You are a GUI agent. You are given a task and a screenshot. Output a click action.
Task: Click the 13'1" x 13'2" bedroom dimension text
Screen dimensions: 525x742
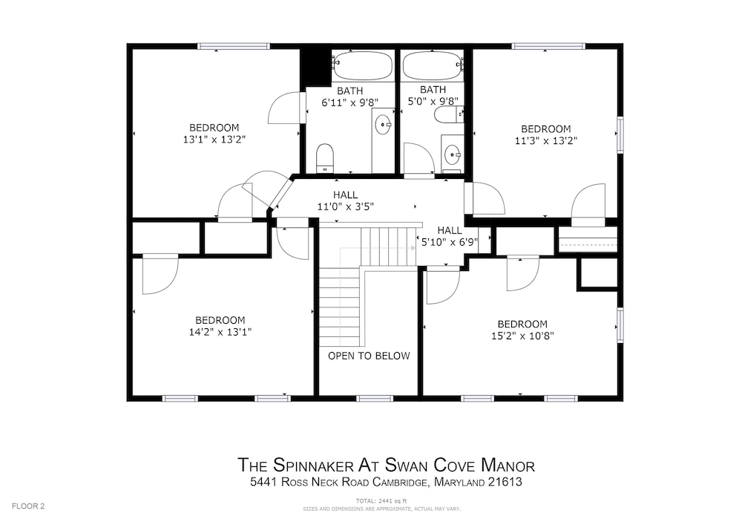(214, 139)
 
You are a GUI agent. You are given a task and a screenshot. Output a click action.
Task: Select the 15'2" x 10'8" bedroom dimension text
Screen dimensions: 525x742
(522, 336)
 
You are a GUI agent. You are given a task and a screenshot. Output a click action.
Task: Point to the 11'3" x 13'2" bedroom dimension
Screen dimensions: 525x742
(545, 140)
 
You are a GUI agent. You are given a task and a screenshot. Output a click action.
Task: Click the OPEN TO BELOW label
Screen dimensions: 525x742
(369, 356)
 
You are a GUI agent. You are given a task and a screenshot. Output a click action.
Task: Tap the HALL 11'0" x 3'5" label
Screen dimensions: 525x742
(345, 206)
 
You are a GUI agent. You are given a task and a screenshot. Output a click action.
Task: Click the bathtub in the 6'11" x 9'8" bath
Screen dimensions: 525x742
(363, 65)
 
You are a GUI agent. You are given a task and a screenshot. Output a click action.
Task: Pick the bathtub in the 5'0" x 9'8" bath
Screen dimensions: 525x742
(433, 65)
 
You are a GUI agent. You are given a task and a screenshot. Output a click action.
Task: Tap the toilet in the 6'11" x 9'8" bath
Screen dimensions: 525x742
(325, 157)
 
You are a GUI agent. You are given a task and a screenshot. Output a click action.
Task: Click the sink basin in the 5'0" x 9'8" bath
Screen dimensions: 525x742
(453, 155)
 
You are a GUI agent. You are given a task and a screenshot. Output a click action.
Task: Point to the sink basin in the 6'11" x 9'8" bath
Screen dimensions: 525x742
(382, 124)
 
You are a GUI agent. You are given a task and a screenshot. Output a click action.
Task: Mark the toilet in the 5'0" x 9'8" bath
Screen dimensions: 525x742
(447, 114)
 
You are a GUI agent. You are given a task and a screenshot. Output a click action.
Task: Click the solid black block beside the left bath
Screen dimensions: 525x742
(315, 65)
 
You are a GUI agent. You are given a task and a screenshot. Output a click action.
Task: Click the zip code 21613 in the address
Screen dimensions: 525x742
(504, 483)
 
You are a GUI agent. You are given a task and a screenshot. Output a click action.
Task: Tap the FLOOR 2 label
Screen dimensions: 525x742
(27, 506)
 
